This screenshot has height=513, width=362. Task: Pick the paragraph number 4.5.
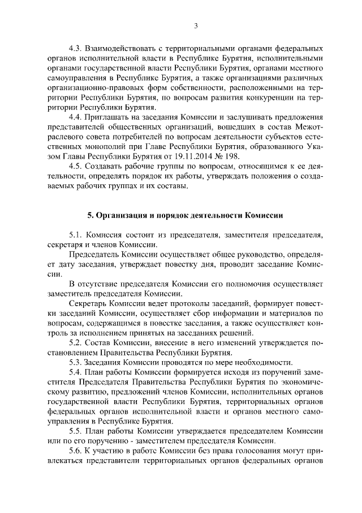(75, 166)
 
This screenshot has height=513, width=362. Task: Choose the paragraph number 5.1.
(75, 234)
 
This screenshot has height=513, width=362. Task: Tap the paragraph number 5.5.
(75, 431)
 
